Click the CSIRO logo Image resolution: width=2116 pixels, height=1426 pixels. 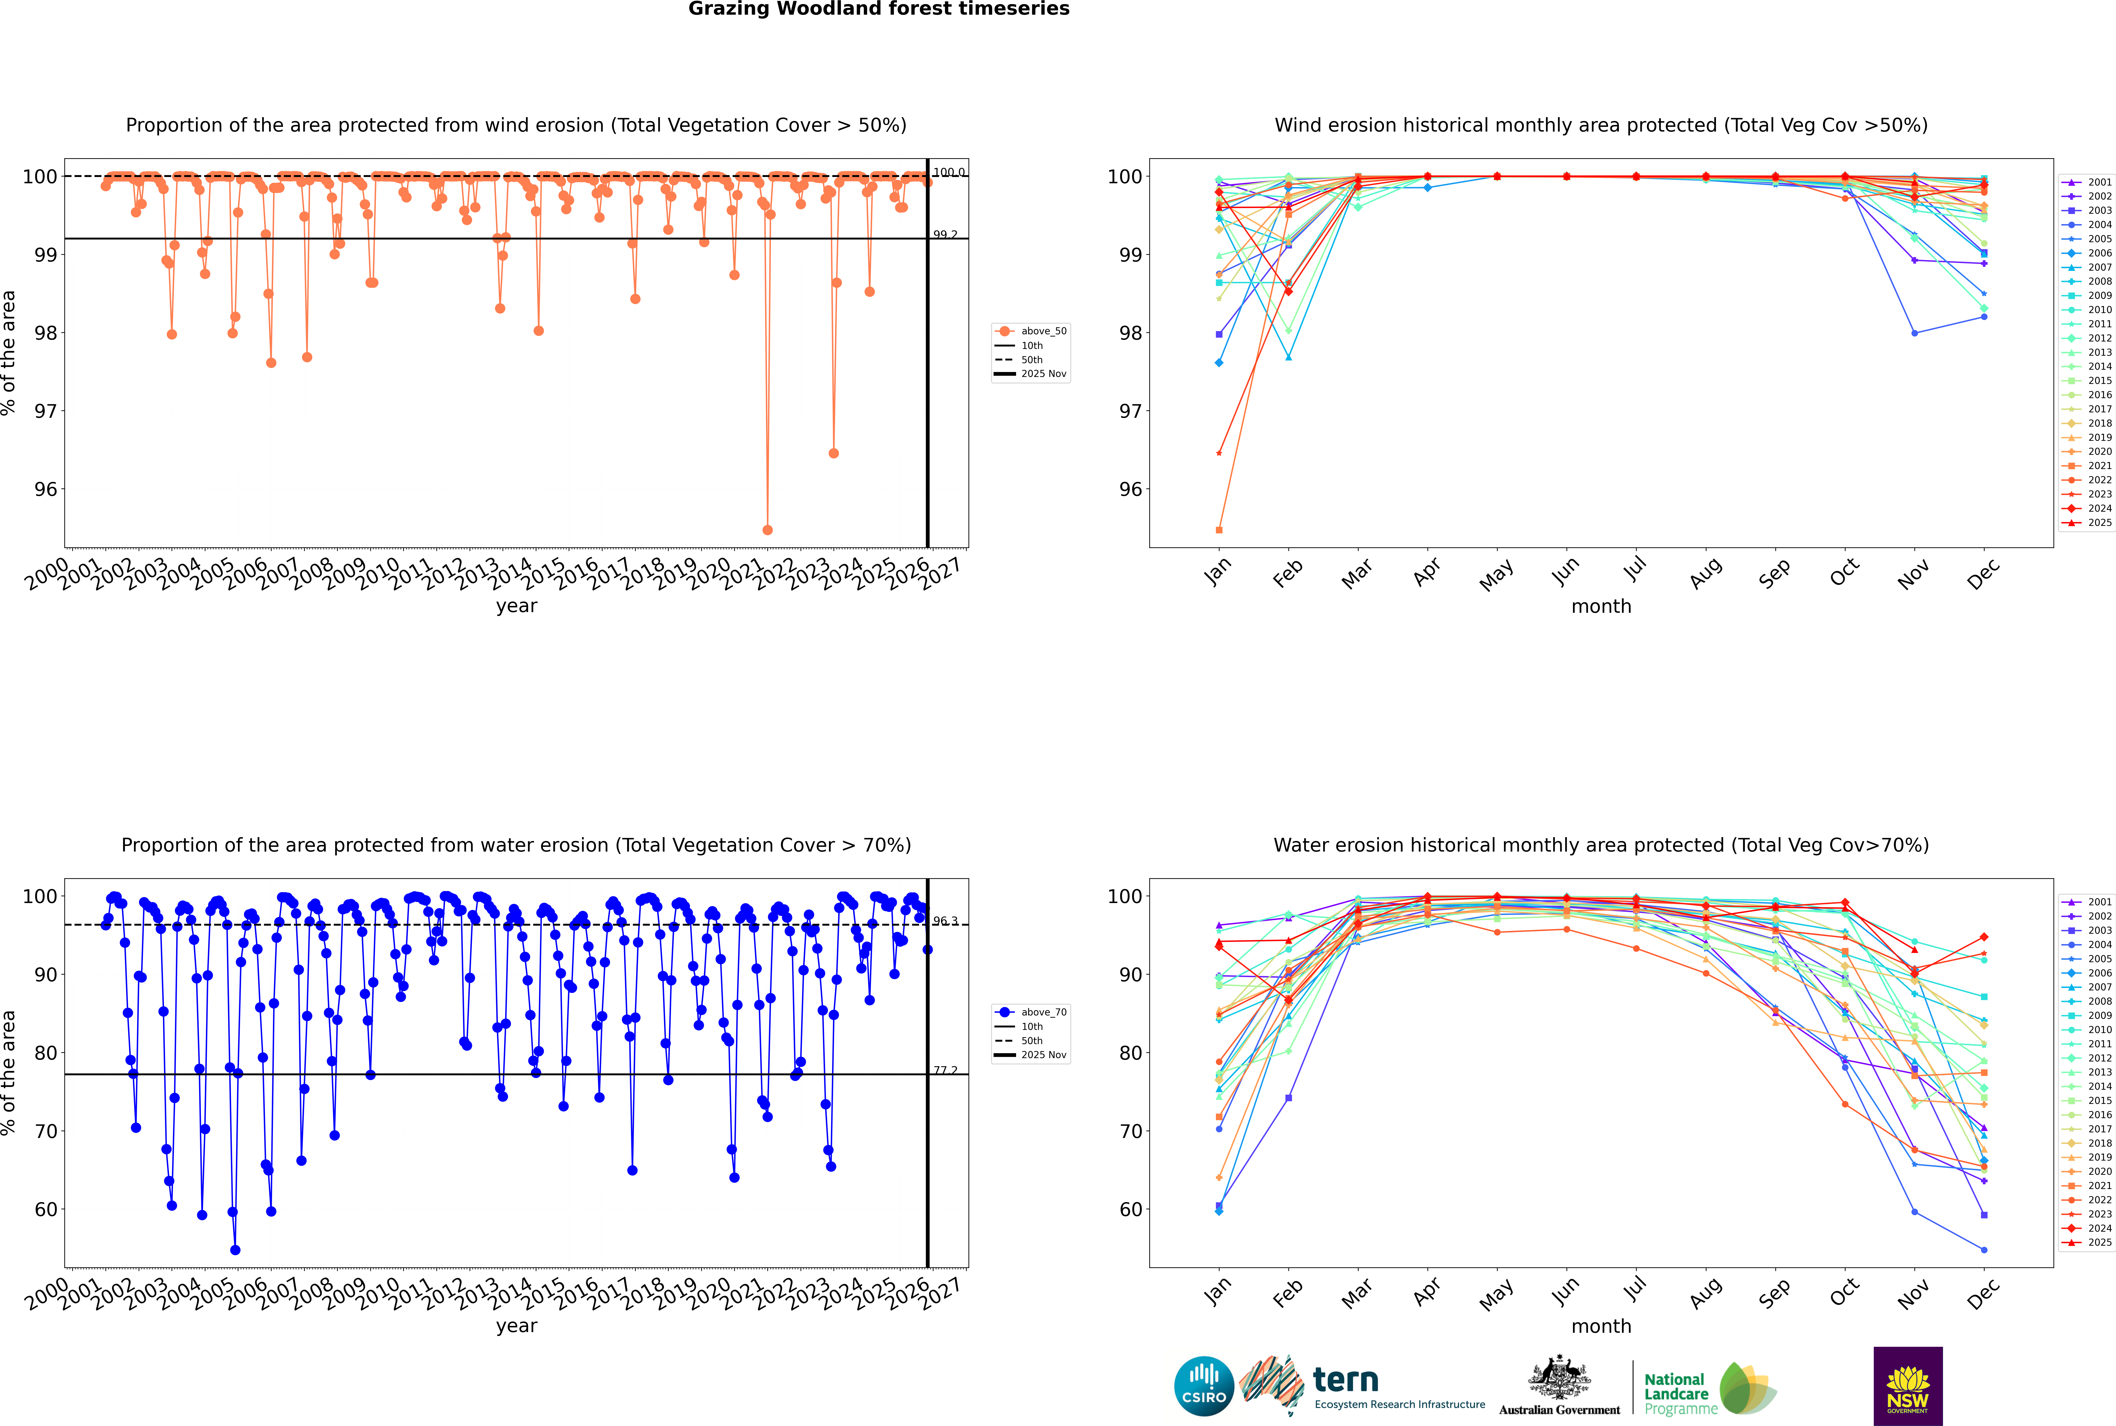pos(1203,1386)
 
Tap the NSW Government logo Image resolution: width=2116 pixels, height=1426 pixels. pos(1908,1385)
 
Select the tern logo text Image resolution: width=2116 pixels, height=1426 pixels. pos(1345,1381)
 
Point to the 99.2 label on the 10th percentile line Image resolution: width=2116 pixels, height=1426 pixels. pos(945,235)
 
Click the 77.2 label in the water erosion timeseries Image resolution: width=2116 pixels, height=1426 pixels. pos(945,1071)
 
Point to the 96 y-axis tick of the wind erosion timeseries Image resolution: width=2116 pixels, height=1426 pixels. pos(45,489)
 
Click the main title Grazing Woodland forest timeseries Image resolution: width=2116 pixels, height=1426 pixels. pos(879,9)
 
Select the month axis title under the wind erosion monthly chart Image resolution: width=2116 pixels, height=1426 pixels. pos(1601,607)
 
